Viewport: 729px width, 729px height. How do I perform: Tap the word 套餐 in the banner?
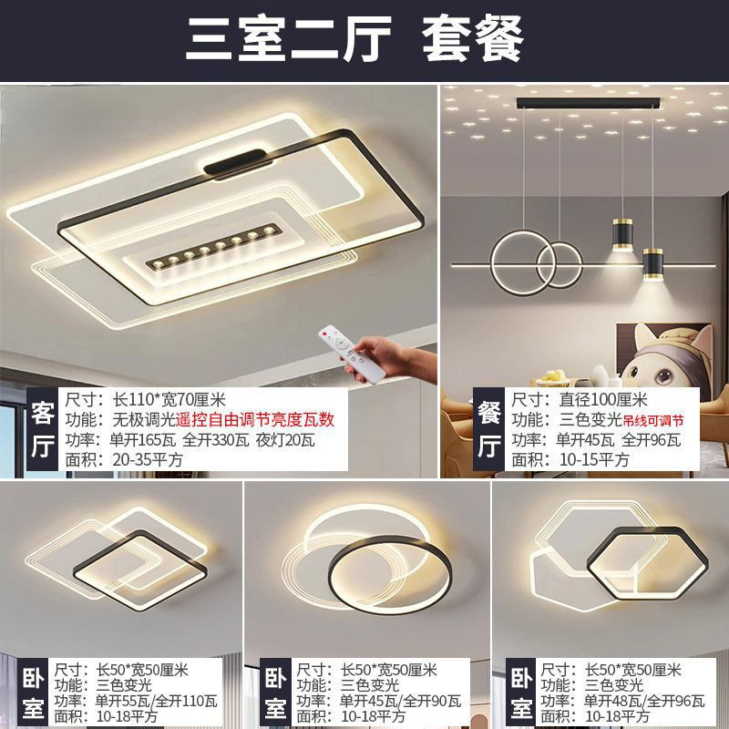point(473,38)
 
